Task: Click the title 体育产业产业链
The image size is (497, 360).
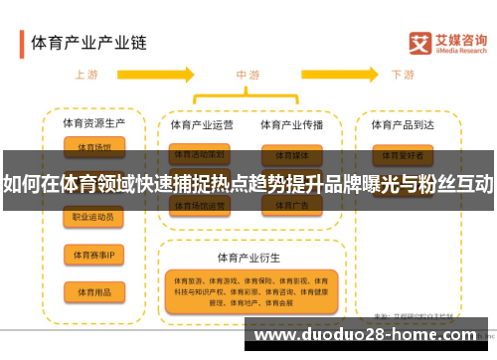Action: click(88, 43)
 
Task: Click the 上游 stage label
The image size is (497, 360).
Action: click(86, 74)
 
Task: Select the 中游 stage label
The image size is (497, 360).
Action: click(248, 74)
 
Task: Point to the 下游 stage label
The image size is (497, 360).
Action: click(403, 74)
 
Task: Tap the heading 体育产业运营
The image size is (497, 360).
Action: click(202, 124)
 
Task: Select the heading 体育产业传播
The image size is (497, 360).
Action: click(291, 124)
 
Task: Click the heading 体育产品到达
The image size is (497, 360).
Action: click(403, 124)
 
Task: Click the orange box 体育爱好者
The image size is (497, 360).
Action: click(403, 155)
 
